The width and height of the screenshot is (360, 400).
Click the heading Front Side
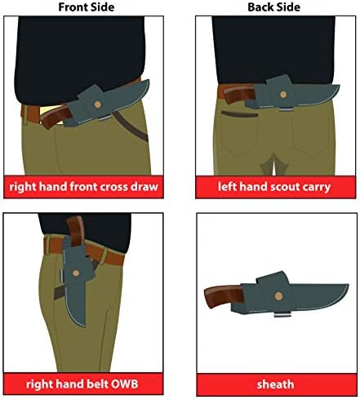[x=87, y=7]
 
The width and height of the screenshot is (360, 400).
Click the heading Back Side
[x=274, y=7]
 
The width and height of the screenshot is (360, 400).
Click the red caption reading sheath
[x=275, y=384]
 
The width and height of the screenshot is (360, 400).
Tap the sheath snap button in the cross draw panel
[x=97, y=104]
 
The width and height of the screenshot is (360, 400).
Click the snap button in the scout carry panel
[x=283, y=95]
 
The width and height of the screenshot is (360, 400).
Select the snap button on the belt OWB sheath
[x=76, y=273]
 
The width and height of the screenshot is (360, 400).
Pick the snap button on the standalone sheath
[x=278, y=296]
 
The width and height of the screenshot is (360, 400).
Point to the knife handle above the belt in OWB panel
[x=75, y=230]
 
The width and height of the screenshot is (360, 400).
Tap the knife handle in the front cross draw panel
[x=56, y=117]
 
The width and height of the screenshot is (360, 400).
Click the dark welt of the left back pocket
[x=239, y=114]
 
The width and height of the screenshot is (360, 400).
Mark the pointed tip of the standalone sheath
[x=349, y=285]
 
